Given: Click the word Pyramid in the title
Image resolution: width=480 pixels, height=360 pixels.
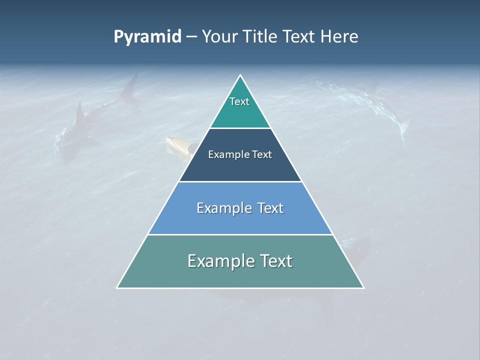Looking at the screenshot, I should (147, 37).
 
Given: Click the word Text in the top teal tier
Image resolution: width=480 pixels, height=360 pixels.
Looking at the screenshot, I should (239, 101).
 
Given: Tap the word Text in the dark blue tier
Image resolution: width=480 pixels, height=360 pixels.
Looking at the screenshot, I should (262, 154).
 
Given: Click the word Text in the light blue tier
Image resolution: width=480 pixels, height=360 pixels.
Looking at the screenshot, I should (270, 208).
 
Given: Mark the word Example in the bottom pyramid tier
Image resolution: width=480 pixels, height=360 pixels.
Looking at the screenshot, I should (221, 261).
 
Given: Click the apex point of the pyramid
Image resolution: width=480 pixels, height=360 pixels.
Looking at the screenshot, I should (240, 75).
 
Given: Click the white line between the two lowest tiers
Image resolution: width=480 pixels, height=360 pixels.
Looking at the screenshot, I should (240, 234).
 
